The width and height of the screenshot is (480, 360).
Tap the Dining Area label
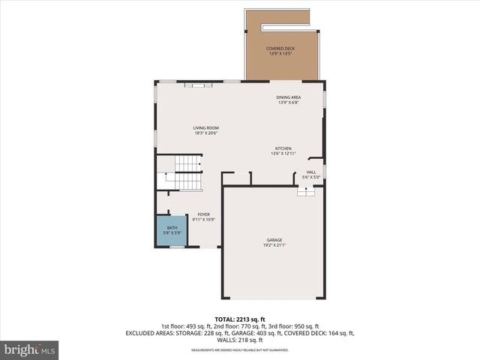[289, 97]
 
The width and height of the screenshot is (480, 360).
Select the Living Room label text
[205, 128]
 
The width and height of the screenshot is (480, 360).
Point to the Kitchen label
[283, 148]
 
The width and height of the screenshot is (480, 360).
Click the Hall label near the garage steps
[311, 172]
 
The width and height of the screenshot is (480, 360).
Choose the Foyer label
[204, 214]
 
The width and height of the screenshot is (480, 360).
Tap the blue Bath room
[172, 230]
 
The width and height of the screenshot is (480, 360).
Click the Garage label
[274, 240]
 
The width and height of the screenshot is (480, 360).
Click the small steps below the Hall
[306, 192]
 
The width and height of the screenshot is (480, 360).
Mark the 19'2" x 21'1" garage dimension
[274, 245]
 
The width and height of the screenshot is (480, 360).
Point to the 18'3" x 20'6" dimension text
[205, 133]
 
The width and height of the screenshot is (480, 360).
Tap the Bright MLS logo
[30, 349]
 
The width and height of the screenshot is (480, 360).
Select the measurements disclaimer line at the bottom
[239, 350]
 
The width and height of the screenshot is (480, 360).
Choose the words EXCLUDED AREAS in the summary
[151, 332]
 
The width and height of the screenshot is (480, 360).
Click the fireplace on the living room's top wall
[199, 86]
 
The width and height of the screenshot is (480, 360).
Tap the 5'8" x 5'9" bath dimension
[172, 233]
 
